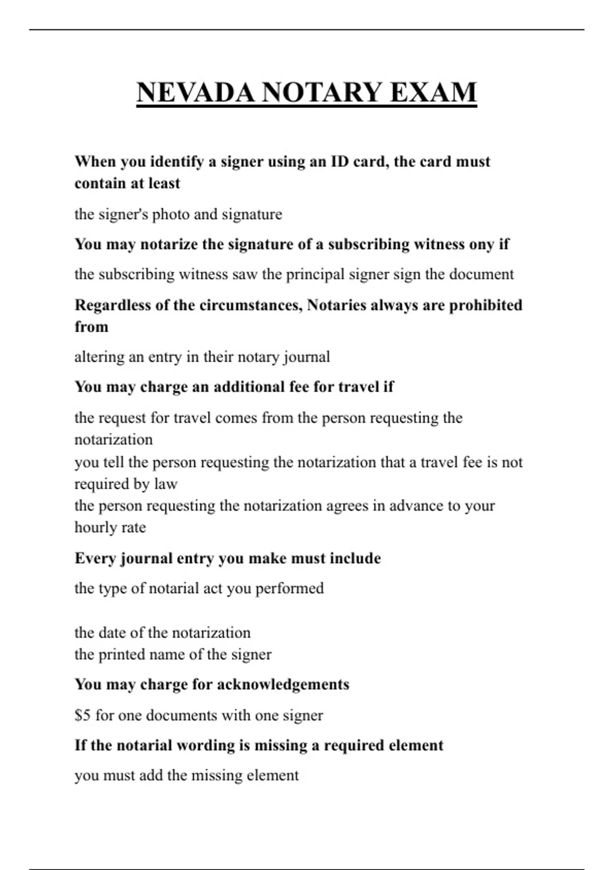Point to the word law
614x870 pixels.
(166, 484)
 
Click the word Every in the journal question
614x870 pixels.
(95, 558)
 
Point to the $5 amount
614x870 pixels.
(82, 715)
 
